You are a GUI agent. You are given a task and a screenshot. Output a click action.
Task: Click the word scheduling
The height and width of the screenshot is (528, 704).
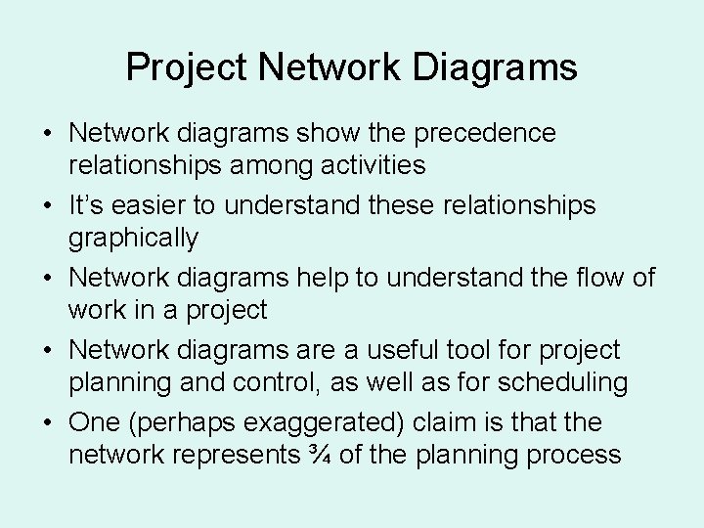pyautogui.click(x=557, y=382)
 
